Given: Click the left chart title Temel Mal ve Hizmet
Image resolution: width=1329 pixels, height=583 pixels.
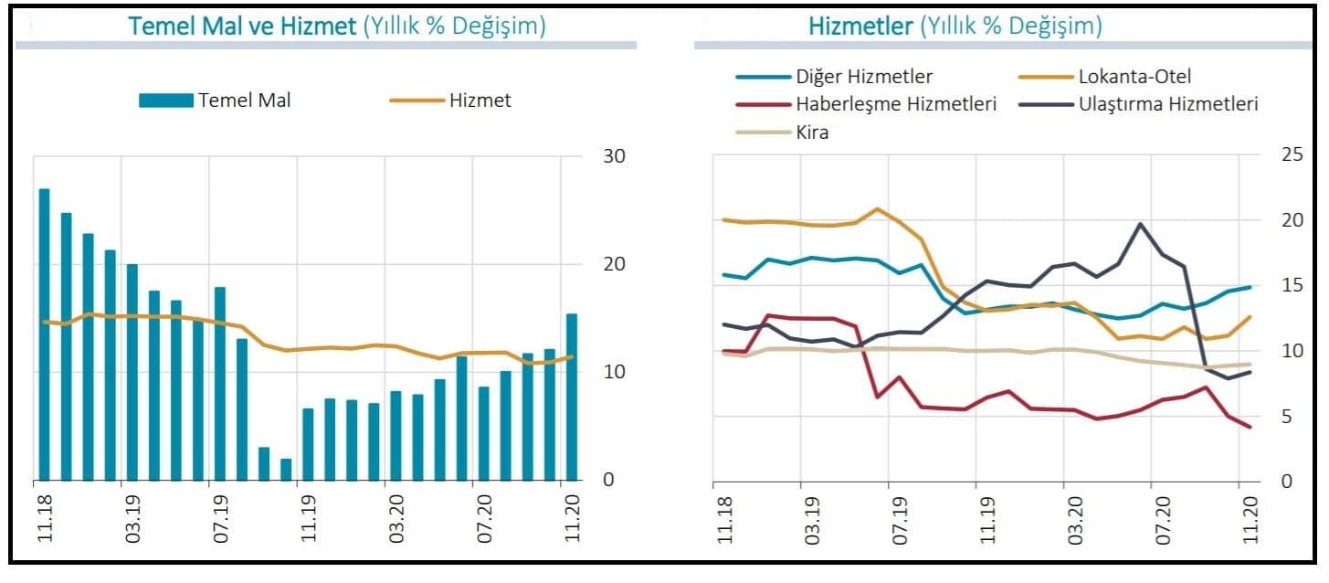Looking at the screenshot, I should pyautogui.click(x=241, y=26).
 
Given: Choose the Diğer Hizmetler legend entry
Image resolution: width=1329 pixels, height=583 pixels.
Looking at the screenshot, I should pyautogui.click(x=863, y=77).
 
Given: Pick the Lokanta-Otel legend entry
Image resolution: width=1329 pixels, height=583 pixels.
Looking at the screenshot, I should pyautogui.click(x=1134, y=77).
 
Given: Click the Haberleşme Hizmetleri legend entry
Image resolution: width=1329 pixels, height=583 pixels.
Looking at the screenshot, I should pyautogui.click(x=895, y=104).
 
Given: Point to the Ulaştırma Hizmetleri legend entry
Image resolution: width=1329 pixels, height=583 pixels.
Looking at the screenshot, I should pyautogui.click(x=1168, y=104).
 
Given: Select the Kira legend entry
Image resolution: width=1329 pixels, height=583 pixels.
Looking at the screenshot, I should pyautogui.click(x=812, y=132).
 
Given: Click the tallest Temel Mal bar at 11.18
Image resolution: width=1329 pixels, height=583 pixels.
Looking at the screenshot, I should pyautogui.click(x=44, y=334).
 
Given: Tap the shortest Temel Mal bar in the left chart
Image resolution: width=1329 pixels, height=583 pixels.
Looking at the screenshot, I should pyautogui.click(x=286, y=469).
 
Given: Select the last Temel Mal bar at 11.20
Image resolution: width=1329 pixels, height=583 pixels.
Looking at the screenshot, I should pyautogui.click(x=572, y=397).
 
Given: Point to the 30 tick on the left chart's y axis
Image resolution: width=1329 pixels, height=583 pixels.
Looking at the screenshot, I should pyautogui.click(x=614, y=156).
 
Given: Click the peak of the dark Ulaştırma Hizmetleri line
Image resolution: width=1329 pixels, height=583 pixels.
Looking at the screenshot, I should pyautogui.click(x=1140, y=224).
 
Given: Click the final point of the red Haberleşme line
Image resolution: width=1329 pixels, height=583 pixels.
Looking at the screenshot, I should pyautogui.click(x=1249, y=427).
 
